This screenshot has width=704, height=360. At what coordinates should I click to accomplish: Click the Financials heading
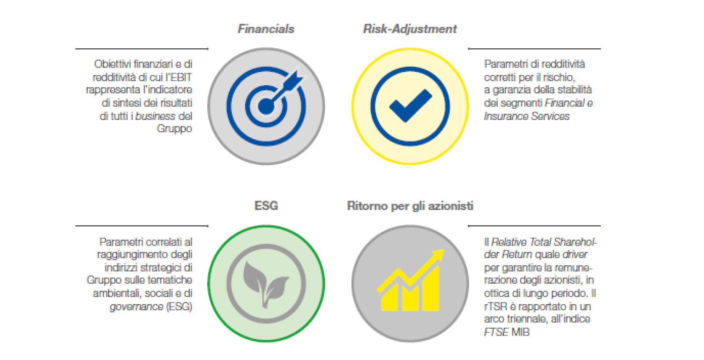click(266, 29)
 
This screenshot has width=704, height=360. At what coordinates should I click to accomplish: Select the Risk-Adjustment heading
click(410, 29)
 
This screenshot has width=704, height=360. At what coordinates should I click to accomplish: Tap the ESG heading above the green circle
click(266, 206)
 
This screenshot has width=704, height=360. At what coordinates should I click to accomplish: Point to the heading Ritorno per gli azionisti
click(410, 206)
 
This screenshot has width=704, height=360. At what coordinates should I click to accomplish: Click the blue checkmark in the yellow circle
click(410, 105)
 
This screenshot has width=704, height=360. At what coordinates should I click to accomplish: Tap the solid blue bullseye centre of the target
click(266, 106)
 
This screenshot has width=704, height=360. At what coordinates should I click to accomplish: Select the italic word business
click(155, 116)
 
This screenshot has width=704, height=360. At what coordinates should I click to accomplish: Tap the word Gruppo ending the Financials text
click(174, 128)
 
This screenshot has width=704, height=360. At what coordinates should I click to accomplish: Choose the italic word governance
click(136, 307)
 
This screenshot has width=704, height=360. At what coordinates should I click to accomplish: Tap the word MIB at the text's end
click(520, 332)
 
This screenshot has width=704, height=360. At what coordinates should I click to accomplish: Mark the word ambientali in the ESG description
click(116, 293)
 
